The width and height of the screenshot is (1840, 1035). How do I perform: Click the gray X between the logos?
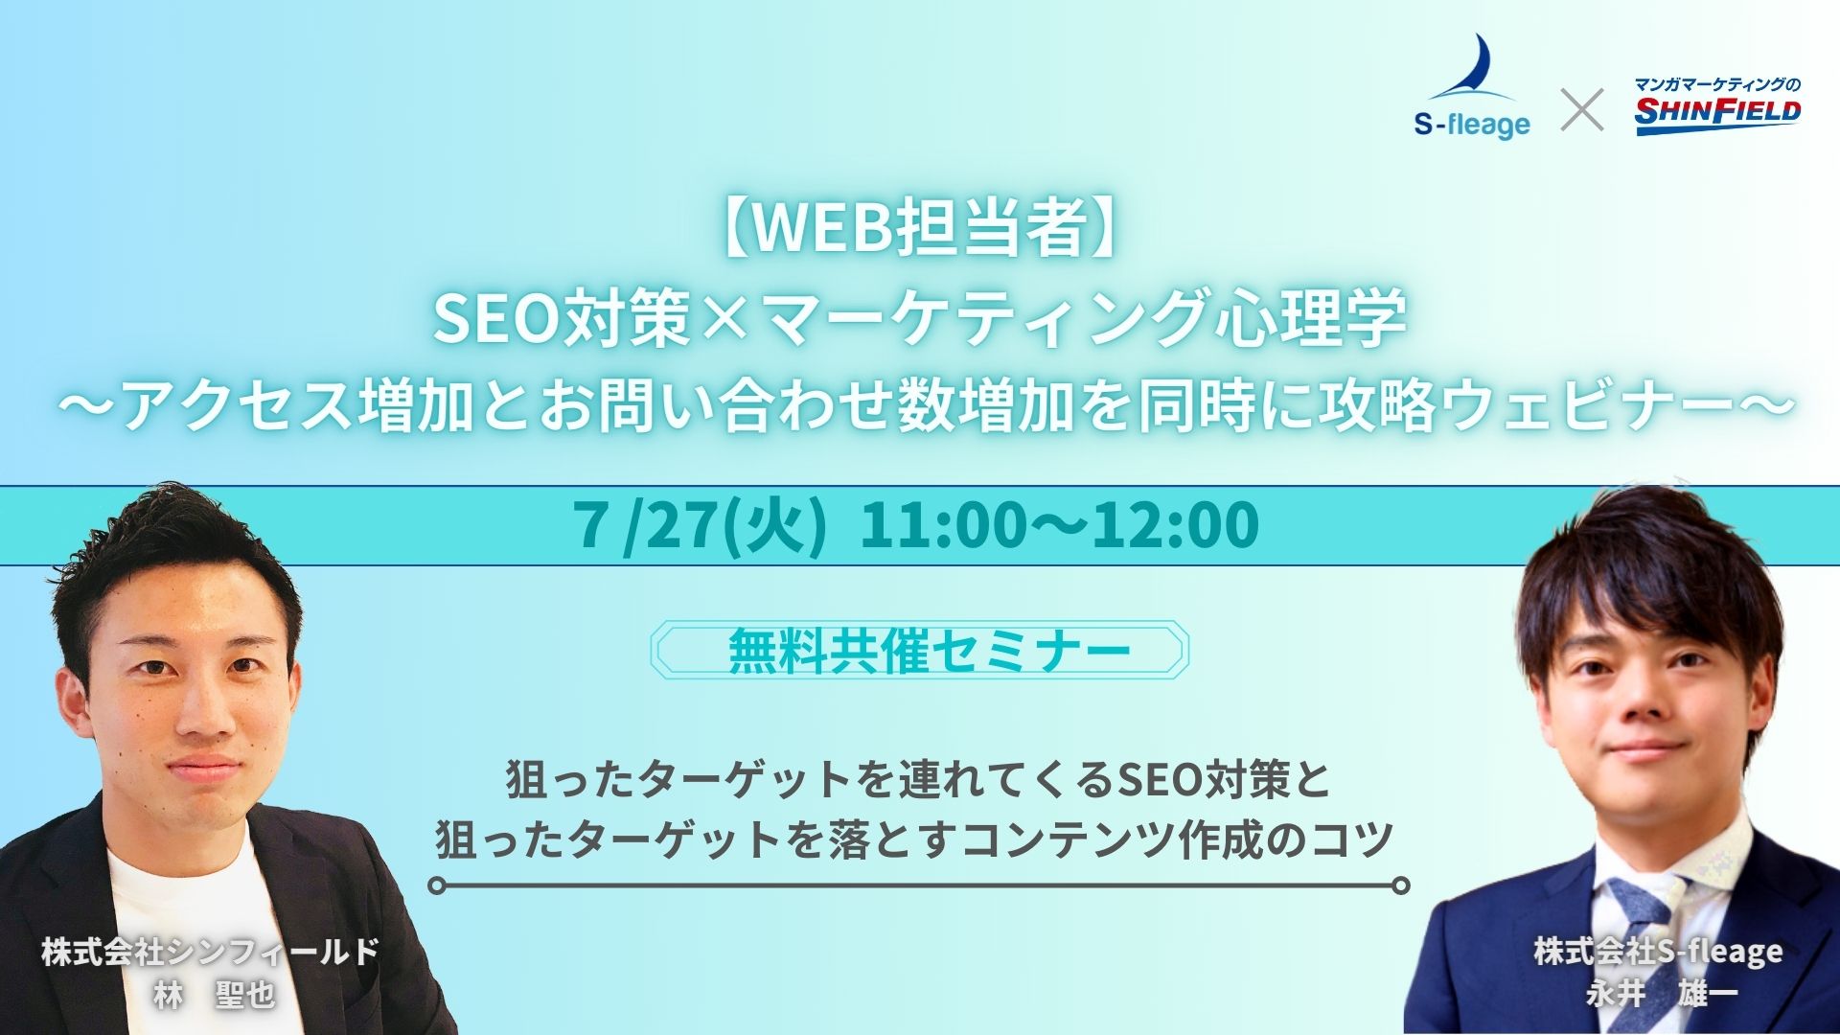[1582, 109]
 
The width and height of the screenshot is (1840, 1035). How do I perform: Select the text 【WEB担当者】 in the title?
[920, 229]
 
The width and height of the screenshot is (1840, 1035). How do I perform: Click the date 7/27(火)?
[701, 526]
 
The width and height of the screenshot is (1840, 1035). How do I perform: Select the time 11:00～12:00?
[1060, 526]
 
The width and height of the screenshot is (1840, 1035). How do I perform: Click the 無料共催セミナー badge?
[920, 650]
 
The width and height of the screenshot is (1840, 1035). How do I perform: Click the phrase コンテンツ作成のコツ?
[1177, 840]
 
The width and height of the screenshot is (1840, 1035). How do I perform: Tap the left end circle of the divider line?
[437, 885]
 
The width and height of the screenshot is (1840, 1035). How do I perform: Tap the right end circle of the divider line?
[1401, 885]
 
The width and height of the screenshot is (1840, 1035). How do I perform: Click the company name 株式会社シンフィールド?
[210, 952]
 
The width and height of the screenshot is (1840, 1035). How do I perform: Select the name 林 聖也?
[215, 997]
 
